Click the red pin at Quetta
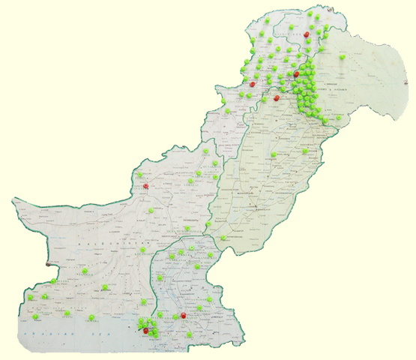(x=145, y=186)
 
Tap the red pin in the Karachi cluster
(x=145, y=329)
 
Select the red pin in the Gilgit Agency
(x=307, y=34)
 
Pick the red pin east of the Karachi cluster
(x=184, y=316)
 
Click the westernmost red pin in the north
(x=253, y=85)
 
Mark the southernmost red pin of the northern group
(x=277, y=97)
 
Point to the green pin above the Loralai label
(x=198, y=173)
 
